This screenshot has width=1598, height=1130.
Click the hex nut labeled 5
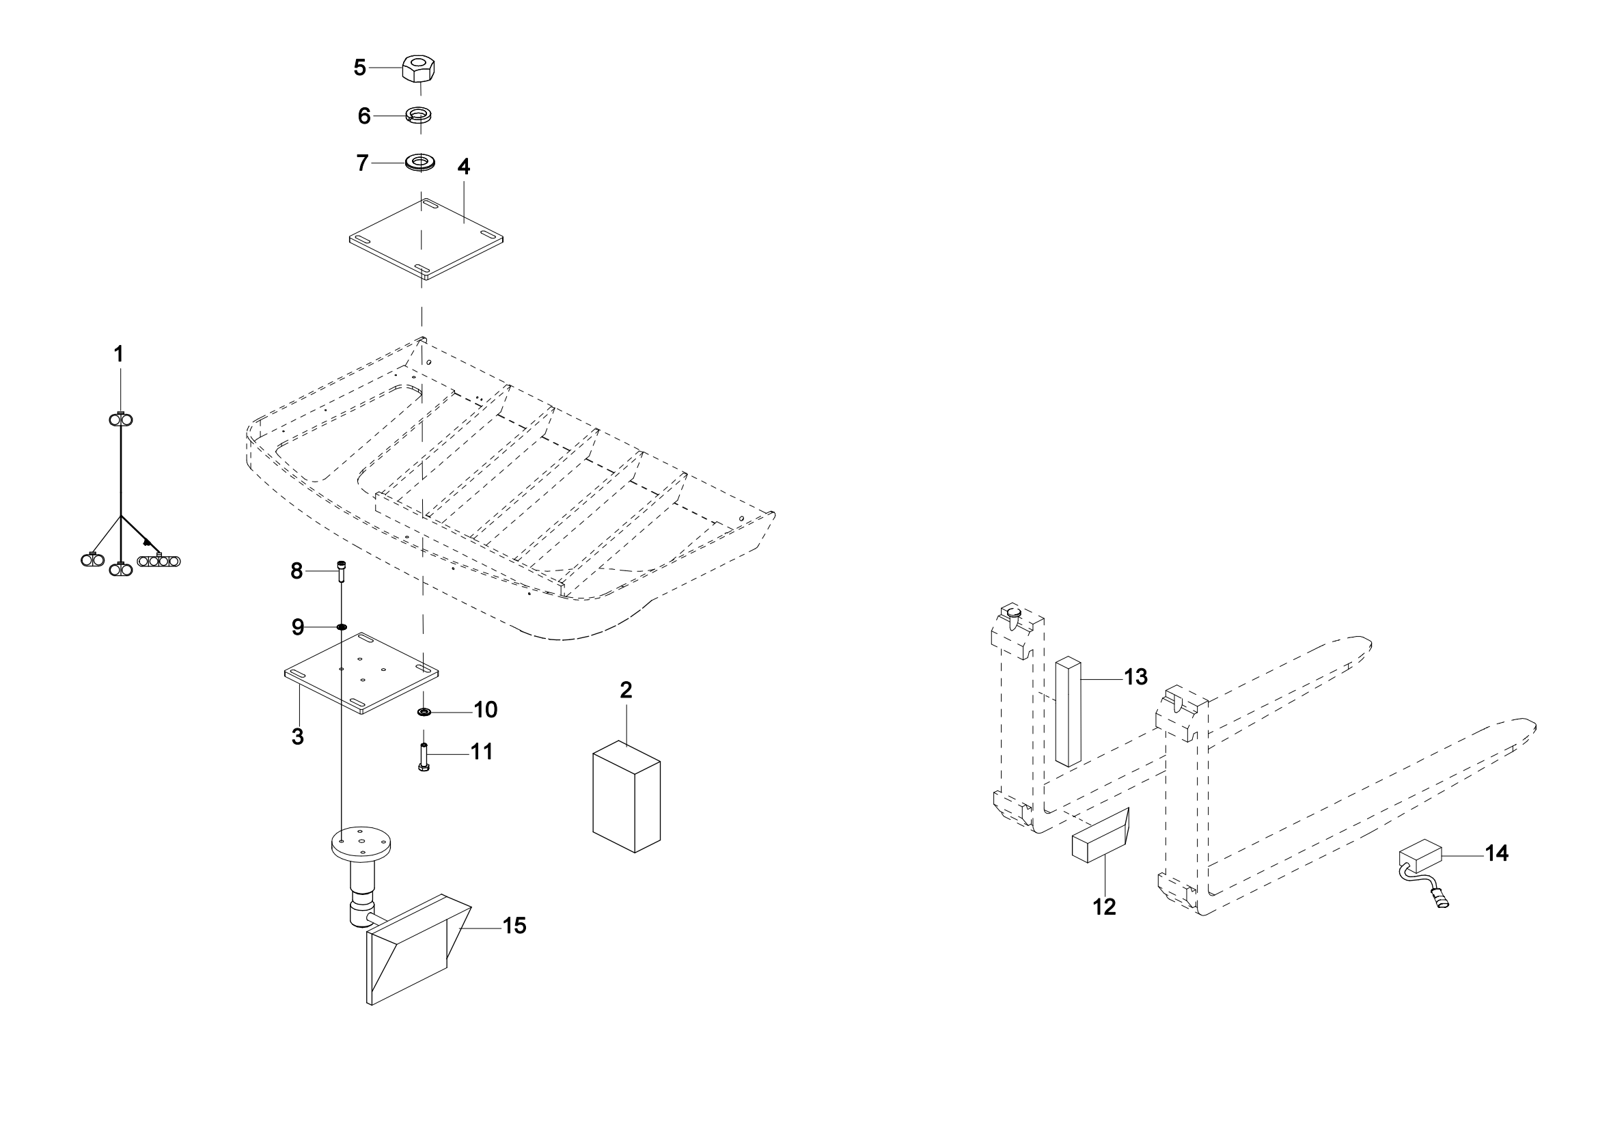(x=419, y=70)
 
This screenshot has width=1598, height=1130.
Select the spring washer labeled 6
(x=418, y=113)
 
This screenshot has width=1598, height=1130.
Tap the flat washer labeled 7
(x=420, y=163)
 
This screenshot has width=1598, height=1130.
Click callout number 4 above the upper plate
(x=463, y=167)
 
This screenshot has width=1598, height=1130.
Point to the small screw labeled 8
(x=341, y=572)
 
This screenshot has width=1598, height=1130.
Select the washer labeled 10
(x=423, y=712)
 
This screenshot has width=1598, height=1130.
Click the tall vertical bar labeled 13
(x=1068, y=713)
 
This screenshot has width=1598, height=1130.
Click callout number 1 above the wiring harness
(x=119, y=354)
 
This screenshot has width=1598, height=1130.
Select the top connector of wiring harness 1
(x=120, y=419)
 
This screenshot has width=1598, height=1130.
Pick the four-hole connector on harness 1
(x=159, y=560)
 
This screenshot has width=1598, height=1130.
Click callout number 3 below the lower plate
(x=298, y=737)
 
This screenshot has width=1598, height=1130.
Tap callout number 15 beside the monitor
(x=514, y=926)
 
